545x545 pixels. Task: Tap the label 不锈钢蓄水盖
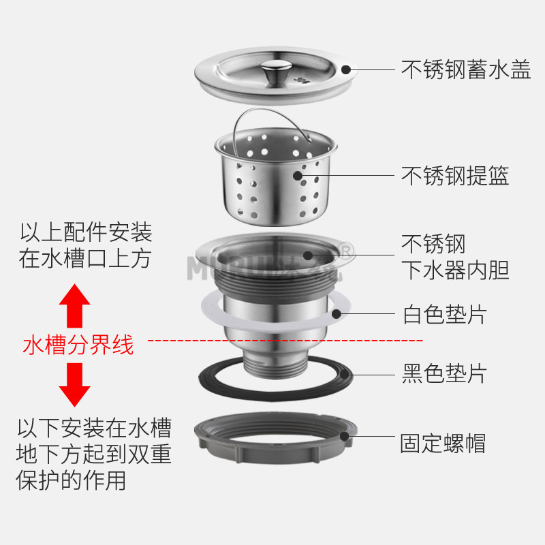pos(466,69)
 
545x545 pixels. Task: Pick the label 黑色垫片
pos(445,373)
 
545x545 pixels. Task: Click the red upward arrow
pos(74,306)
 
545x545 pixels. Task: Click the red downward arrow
pos(74,385)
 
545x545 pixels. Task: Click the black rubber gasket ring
pos(211,382)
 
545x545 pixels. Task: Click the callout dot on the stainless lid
pos(346,69)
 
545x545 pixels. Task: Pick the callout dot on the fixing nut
pos(345,436)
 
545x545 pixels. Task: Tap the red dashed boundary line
pos(286,339)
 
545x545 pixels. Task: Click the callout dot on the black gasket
pos(345,373)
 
